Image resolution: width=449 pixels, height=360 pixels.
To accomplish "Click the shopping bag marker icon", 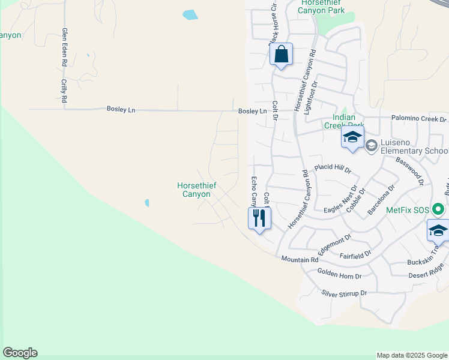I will click(281, 55).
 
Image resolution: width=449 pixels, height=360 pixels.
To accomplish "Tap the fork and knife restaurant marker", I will click(259, 218).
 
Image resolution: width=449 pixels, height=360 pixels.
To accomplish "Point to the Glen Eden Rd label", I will click(64, 47).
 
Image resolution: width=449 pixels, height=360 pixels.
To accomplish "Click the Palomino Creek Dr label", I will click(420, 119).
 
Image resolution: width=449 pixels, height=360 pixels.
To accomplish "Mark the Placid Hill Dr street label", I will click(333, 169).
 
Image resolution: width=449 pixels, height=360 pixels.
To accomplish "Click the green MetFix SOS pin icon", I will click(439, 210).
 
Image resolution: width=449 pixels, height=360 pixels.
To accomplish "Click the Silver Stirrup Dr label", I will click(343, 293).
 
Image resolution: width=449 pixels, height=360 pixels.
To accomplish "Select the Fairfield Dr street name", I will click(355, 255).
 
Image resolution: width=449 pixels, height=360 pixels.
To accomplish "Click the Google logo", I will click(20, 353).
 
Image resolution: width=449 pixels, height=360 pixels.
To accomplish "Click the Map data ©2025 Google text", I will click(411, 355).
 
